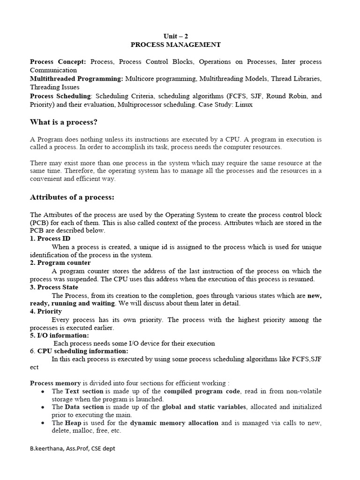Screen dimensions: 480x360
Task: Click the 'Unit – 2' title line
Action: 176,36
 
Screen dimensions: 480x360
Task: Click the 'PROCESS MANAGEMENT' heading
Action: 176,45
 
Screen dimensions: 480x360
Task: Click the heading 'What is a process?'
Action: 64,122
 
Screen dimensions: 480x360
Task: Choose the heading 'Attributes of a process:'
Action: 72,197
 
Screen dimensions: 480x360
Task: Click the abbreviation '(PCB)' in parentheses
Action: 40,223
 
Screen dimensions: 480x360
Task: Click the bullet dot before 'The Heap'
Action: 43,423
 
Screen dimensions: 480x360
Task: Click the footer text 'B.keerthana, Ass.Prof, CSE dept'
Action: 73,449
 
